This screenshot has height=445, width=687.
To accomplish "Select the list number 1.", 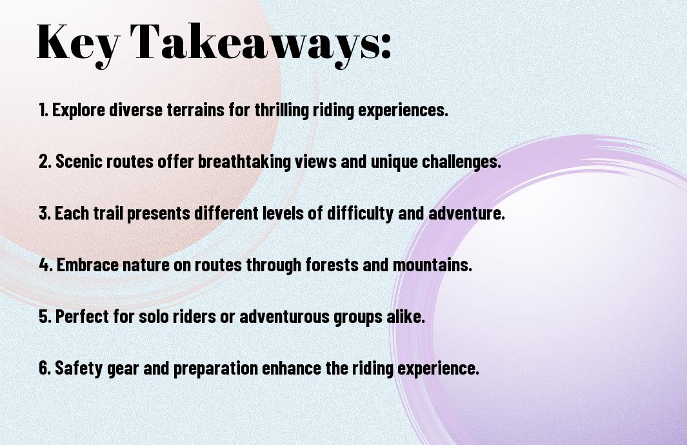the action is (x=43, y=110).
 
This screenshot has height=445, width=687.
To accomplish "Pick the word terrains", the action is (x=195, y=110).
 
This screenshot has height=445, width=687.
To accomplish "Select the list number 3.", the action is (x=44, y=213).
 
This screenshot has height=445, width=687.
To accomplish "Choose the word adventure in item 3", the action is (x=466, y=214).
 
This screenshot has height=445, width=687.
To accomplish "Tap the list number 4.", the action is (x=45, y=265).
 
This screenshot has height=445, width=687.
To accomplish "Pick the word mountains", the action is (x=432, y=265).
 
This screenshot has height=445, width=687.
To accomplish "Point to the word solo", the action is (x=154, y=316).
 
